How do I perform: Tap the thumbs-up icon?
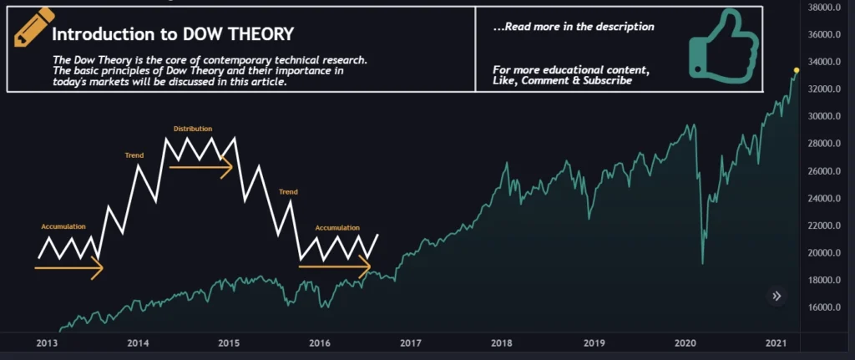pos(722,45)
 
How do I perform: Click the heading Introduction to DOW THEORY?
pos(172,34)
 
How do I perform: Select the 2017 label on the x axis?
pos(409,343)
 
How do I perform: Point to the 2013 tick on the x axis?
pos(47,343)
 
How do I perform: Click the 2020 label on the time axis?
pos(685,343)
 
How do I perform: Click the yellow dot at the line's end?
pos(797,70)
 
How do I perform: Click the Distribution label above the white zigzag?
pos(193,129)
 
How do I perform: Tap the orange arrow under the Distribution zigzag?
pos(200,167)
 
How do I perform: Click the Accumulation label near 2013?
pos(63,226)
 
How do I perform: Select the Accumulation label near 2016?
pos(337,227)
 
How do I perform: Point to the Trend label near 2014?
pos(134,155)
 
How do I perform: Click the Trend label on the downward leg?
pos(288,191)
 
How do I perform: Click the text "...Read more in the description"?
pos(574,27)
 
